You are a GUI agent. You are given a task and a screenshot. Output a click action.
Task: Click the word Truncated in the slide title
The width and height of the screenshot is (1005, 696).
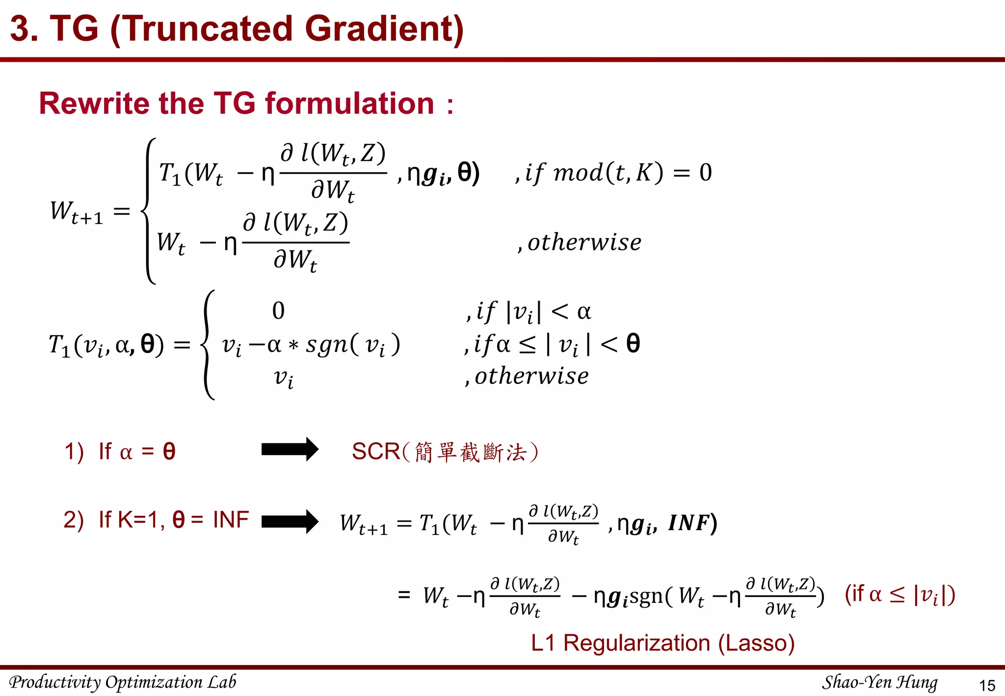206,28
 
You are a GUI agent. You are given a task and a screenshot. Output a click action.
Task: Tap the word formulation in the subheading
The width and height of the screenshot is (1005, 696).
349,104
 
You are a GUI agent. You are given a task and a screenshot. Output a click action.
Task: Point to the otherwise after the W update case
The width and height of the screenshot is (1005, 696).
584,242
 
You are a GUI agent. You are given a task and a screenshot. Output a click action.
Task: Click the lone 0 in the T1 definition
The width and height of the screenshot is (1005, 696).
278,311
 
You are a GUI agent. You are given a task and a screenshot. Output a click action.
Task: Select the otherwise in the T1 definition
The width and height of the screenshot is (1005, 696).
531,376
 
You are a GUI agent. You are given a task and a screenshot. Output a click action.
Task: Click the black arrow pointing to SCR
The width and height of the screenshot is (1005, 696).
290,449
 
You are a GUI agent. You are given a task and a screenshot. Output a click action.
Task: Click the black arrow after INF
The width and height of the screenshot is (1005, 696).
290,521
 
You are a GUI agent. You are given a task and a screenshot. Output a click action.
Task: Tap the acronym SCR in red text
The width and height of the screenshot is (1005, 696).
376,452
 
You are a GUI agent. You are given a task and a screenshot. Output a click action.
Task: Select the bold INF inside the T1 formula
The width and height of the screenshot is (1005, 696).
690,523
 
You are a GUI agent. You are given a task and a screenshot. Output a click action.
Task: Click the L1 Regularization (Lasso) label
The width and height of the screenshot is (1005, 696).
662,643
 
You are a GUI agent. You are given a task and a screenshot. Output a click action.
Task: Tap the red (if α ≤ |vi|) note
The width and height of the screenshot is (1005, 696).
899,594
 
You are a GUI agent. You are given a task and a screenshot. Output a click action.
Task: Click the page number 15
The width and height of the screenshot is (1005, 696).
987,685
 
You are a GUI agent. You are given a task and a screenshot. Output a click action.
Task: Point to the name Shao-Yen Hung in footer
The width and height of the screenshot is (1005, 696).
879,682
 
